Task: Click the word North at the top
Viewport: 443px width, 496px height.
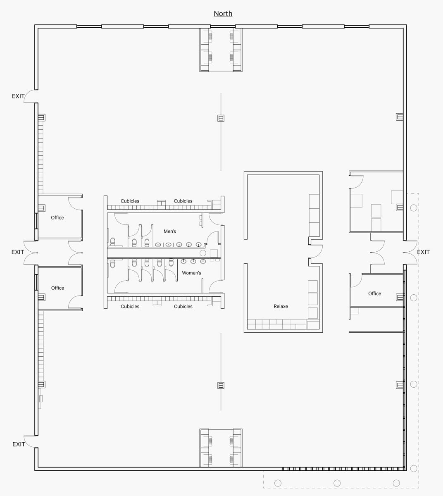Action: [223, 14]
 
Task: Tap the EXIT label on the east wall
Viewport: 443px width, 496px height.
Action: [423, 252]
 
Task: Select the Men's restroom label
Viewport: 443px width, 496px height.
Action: [169, 231]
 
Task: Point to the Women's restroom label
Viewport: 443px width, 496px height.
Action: [191, 273]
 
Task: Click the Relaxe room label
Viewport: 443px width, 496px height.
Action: [281, 306]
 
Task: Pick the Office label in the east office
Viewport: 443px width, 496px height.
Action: [374, 293]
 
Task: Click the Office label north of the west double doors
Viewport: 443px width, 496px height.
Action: [57, 218]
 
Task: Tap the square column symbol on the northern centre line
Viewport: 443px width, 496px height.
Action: [221, 118]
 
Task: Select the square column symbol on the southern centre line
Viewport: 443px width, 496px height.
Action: [221, 386]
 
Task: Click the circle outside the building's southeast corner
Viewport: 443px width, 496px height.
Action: [414, 468]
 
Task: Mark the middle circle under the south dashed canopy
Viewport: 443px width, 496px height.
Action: [337, 483]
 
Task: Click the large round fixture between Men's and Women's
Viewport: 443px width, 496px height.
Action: [202, 253]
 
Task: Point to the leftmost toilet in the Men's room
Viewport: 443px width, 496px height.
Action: [112, 242]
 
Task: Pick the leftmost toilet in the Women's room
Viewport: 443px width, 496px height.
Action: [112, 263]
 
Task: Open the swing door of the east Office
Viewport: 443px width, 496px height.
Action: [356, 281]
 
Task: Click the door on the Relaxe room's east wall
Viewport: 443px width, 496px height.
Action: [316, 251]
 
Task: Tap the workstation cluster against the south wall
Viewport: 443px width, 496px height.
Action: [221, 448]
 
